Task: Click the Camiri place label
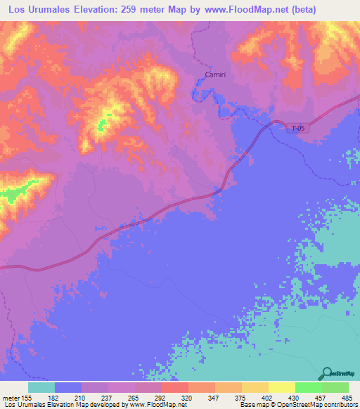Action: click(x=215, y=74)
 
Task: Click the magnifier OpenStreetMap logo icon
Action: click(x=326, y=375)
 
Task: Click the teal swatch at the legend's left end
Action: click(x=41, y=387)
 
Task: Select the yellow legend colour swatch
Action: click(x=281, y=387)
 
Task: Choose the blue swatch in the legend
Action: click(x=68, y=387)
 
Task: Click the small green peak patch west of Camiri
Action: click(x=102, y=125)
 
